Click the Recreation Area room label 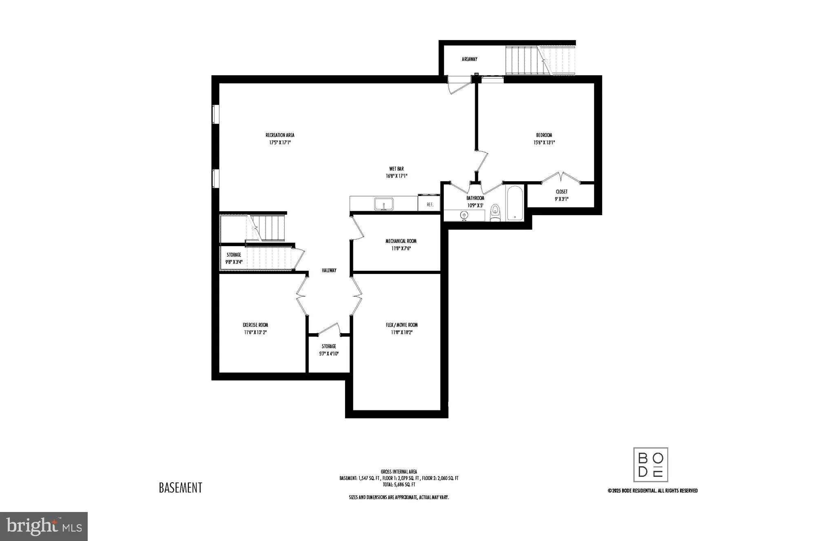click(x=280, y=135)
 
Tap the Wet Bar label click(x=396, y=169)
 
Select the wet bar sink click(x=383, y=204)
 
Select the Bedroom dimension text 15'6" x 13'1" click(x=544, y=142)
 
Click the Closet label click(x=561, y=191)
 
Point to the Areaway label click(x=470, y=59)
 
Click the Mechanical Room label click(x=401, y=241)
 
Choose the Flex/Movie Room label click(x=402, y=325)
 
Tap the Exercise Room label click(x=255, y=325)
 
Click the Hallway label click(x=329, y=270)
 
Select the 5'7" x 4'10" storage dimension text click(x=329, y=354)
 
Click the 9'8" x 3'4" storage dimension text click(x=234, y=262)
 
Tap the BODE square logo click(x=651, y=465)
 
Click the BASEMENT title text click(x=180, y=488)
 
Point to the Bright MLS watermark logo click(x=44, y=526)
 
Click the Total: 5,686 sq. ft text click(x=399, y=485)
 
